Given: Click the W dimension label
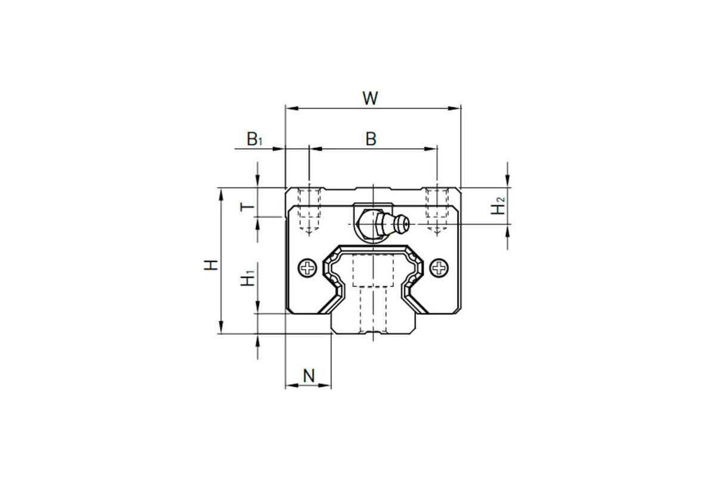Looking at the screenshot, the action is [370, 98].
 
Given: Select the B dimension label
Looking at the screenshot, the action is [371, 139].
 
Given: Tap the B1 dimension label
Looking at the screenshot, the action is [254, 139].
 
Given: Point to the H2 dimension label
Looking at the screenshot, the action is [498, 206].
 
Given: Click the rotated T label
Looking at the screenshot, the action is [247, 207].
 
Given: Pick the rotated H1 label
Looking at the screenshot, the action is [247, 278].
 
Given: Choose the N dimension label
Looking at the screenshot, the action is [309, 376].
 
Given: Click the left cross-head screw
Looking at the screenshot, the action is [307, 268].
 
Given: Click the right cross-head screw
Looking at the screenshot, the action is [439, 268].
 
